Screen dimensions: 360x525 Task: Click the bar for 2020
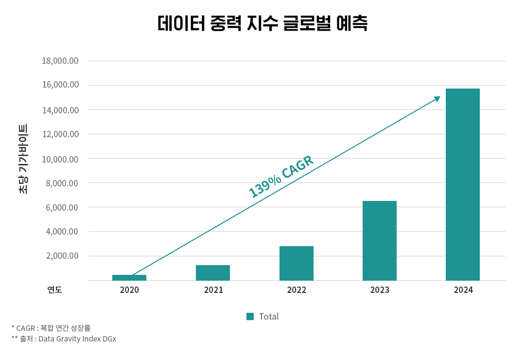tap(129, 278)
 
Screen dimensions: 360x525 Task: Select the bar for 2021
tap(213, 273)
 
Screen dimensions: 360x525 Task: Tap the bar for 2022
tap(297, 263)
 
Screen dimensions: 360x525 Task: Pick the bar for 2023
tap(380, 241)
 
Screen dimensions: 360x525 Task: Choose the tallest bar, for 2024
tap(463, 184)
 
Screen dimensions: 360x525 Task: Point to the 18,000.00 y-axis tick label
tap(60, 61)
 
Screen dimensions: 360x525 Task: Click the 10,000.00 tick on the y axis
tap(60, 159)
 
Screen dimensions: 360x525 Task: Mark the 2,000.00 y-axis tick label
tap(62, 256)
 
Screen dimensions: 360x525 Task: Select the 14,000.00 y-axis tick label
tap(60, 110)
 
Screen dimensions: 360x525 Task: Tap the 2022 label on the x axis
tap(297, 290)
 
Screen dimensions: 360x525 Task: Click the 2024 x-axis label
tap(463, 290)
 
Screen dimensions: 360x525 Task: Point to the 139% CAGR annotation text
tap(281, 177)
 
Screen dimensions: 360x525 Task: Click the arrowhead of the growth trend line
tap(437, 99)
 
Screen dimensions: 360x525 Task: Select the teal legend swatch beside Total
tap(250, 317)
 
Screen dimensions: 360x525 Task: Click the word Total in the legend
tap(269, 317)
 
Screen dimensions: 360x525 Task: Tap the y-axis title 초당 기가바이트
tap(23, 159)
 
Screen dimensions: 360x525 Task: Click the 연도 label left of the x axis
tap(54, 290)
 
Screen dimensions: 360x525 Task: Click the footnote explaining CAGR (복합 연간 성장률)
tap(51, 328)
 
